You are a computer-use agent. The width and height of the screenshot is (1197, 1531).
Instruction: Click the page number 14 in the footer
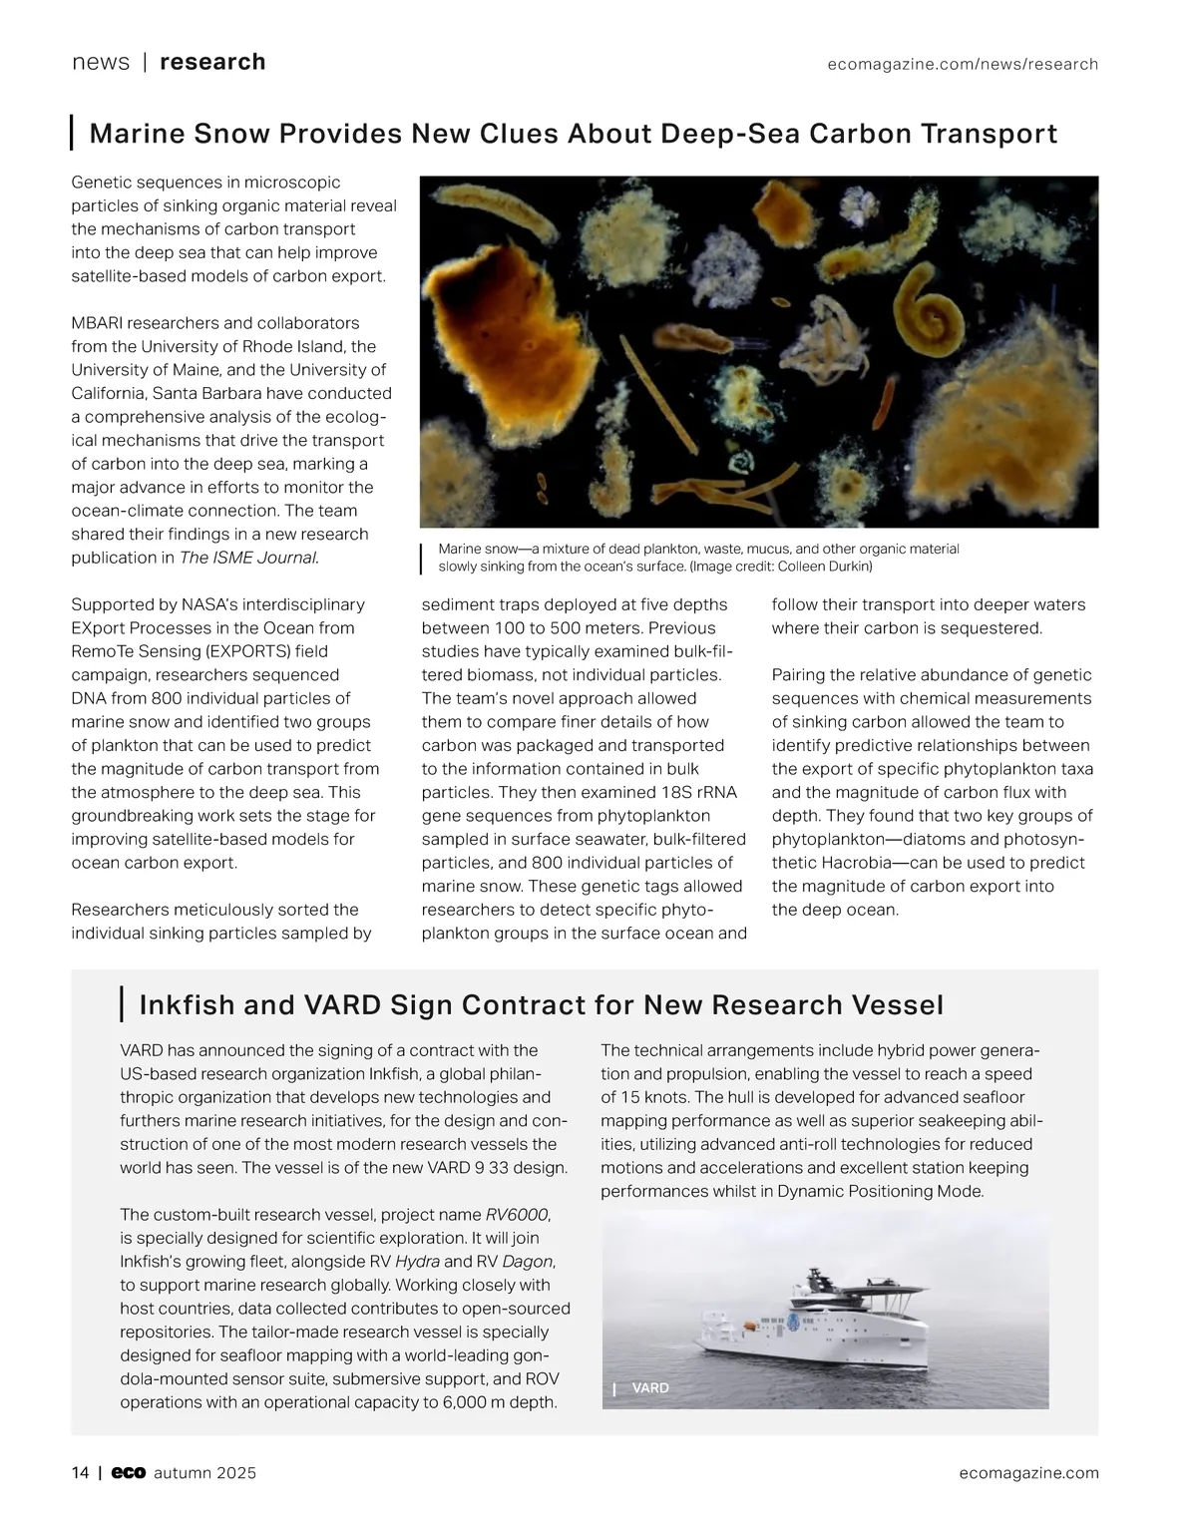pos(80,1473)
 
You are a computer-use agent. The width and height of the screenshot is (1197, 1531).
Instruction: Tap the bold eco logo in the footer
pos(129,1473)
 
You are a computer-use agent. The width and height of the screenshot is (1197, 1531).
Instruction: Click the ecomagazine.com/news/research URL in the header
pos(963,64)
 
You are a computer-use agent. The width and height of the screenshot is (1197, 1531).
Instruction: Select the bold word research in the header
pos(212,62)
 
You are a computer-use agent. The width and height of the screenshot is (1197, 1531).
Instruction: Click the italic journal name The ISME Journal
pos(249,558)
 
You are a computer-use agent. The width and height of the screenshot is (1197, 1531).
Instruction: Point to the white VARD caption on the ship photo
pos(650,1387)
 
